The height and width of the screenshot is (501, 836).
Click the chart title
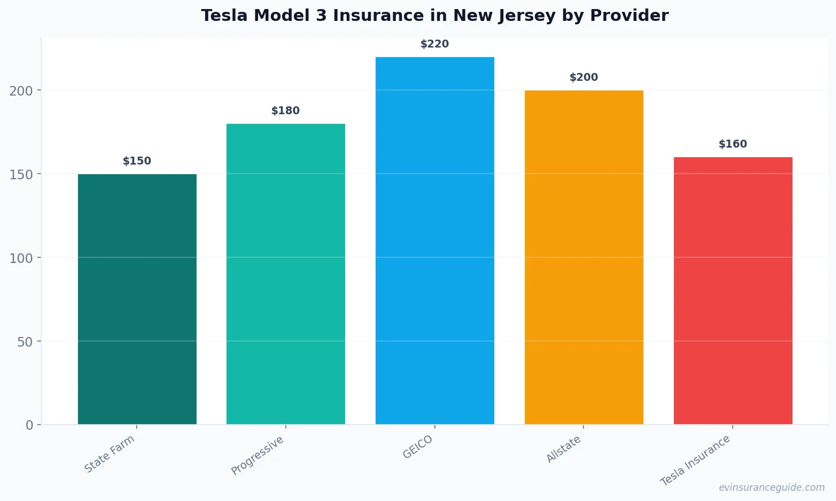coord(434,15)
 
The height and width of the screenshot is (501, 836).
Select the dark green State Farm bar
coord(137,299)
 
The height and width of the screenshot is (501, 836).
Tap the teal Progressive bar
coord(285,274)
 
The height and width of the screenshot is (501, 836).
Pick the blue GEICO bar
coord(434,240)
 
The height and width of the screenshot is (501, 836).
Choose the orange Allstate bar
coord(584,257)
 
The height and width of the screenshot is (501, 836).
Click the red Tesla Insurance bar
coord(733,291)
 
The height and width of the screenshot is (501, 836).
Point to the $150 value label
coord(137,161)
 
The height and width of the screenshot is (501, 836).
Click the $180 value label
coord(285,111)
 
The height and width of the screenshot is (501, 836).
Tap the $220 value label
coord(434,44)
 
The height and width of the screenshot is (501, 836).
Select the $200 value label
coord(584,77)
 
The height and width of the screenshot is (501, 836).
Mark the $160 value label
coord(733,144)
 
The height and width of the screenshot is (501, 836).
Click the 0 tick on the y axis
coord(29,425)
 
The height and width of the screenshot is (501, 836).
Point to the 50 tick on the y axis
coord(25,342)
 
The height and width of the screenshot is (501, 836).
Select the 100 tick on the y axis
coord(21,258)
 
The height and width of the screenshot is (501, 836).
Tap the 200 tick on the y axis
coord(21,90)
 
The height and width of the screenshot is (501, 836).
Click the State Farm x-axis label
coord(110,454)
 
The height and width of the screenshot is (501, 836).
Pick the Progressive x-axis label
coord(258,456)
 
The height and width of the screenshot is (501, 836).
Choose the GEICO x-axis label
coord(418,447)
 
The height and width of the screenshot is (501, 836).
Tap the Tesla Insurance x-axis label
coord(695,461)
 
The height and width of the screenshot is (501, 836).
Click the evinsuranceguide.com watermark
coord(772,487)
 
